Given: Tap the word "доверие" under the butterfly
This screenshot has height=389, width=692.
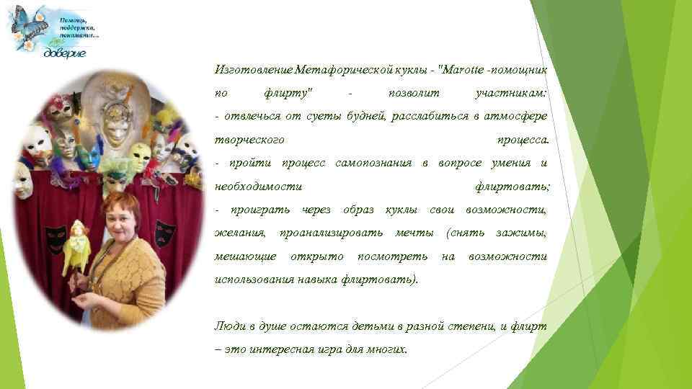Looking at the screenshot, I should click(x=66, y=53).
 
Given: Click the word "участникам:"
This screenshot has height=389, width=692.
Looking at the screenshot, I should click(x=512, y=93).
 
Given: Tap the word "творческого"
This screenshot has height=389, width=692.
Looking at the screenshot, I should click(x=249, y=140).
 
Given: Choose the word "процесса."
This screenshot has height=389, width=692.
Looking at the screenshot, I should click(x=523, y=140).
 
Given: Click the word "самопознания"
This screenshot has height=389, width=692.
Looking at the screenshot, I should click(x=373, y=163).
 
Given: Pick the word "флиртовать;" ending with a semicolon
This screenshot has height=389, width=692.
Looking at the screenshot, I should click(x=512, y=187).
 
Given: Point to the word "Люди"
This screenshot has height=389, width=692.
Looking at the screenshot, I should click(x=231, y=326).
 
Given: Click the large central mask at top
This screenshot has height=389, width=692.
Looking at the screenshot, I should click(x=116, y=122).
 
